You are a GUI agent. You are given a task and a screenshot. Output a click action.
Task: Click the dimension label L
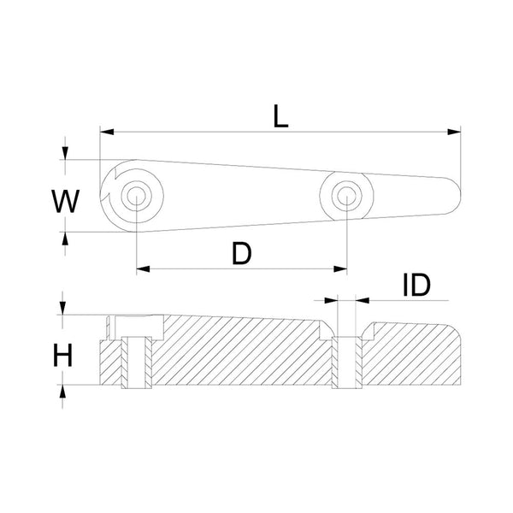point(280,115)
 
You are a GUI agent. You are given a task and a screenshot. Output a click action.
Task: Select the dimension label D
point(242,253)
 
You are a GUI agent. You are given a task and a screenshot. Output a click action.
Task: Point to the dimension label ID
point(416,286)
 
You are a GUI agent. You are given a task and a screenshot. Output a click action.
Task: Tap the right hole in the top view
point(346,195)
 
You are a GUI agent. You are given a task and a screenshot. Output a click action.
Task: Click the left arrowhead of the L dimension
point(105,132)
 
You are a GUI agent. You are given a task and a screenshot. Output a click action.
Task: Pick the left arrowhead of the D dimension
point(141,268)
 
